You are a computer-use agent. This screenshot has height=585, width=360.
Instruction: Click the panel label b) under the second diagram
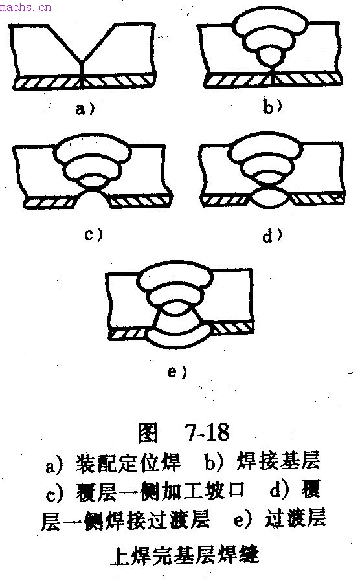pos(273,107)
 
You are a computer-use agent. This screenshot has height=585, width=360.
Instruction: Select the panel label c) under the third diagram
pos(93,235)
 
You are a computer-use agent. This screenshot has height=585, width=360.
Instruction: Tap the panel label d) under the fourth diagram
pos(272,235)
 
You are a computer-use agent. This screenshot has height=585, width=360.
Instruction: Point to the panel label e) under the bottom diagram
pos(177,371)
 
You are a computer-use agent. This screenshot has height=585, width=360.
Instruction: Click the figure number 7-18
pos(207,432)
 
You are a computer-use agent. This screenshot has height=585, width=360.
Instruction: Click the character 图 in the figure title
pos(148,433)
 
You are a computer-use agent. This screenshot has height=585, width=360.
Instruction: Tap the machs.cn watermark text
pos(25,7)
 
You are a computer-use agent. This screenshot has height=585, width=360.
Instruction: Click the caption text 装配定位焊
pos(128,463)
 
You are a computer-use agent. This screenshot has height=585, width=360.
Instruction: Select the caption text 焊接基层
pos(278,461)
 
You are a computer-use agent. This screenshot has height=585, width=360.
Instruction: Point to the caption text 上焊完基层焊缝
pos(185,555)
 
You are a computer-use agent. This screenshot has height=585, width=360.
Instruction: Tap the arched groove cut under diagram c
pos(93,198)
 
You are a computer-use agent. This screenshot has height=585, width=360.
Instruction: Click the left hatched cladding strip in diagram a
pos(47,83)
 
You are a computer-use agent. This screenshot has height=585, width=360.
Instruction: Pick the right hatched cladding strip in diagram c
pos(140,202)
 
